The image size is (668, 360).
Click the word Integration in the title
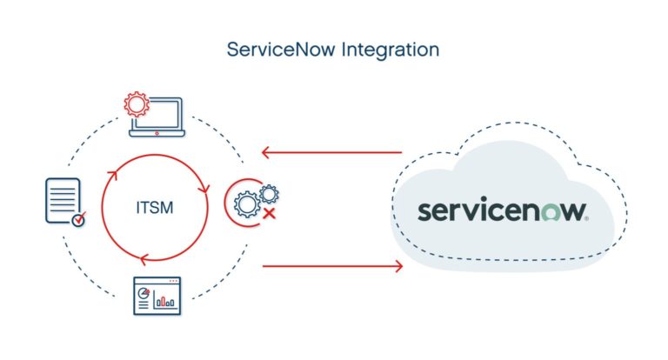pos(391,50)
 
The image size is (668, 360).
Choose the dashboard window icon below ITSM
pos(157,297)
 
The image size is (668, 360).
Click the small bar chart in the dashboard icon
pos(165,302)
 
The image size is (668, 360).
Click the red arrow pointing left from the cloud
pos(331,153)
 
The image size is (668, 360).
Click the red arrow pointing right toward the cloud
pos(331,265)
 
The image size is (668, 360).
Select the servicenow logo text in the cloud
pos(503,210)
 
